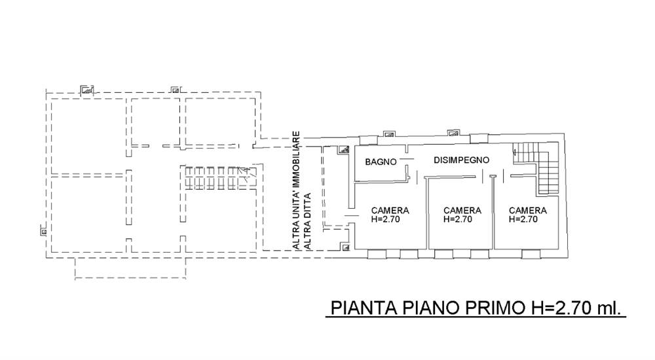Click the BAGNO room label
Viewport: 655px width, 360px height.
click(x=381, y=162)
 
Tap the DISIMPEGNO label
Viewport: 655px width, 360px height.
click(x=461, y=160)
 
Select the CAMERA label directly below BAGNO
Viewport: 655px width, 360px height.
click(x=390, y=211)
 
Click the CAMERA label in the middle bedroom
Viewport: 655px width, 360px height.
click(x=462, y=211)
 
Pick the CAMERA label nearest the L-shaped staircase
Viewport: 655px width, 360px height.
click(x=527, y=211)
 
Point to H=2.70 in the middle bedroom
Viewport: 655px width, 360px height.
click(x=458, y=219)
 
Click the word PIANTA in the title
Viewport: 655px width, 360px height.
click(x=363, y=308)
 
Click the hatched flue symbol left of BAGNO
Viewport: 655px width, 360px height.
click(x=344, y=150)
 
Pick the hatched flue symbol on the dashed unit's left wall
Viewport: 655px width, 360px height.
click(x=43, y=230)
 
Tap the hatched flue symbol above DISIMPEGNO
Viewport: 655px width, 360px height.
click(x=453, y=134)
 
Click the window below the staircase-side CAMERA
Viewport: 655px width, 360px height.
click(x=531, y=254)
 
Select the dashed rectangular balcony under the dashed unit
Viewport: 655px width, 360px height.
click(x=130, y=268)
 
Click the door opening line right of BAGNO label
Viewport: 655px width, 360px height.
click(x=407, y=158)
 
